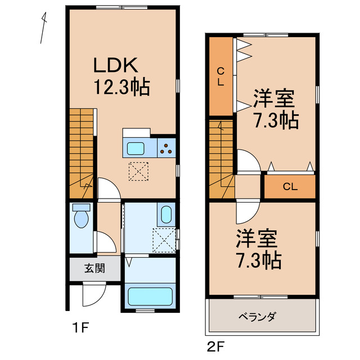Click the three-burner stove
click(x=167, y=148)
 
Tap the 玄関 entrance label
click(x=94, y=268)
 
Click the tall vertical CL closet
click(x=221, y=76)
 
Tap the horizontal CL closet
click(x=290, y=186)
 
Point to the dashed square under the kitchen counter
click(x=139, y=172)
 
